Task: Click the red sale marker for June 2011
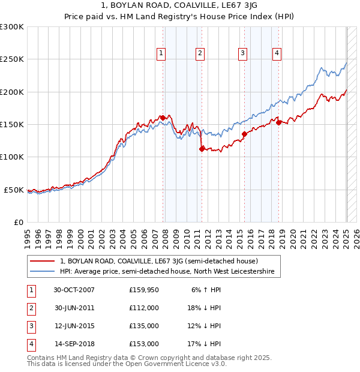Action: tap(202, 149)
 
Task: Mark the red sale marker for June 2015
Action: tap(244, 134)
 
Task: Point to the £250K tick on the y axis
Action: tap(12, 59)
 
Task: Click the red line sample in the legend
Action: tap(42, 262)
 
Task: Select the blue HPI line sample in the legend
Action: tap(42, 272)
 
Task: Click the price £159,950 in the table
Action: tap(144, 290)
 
